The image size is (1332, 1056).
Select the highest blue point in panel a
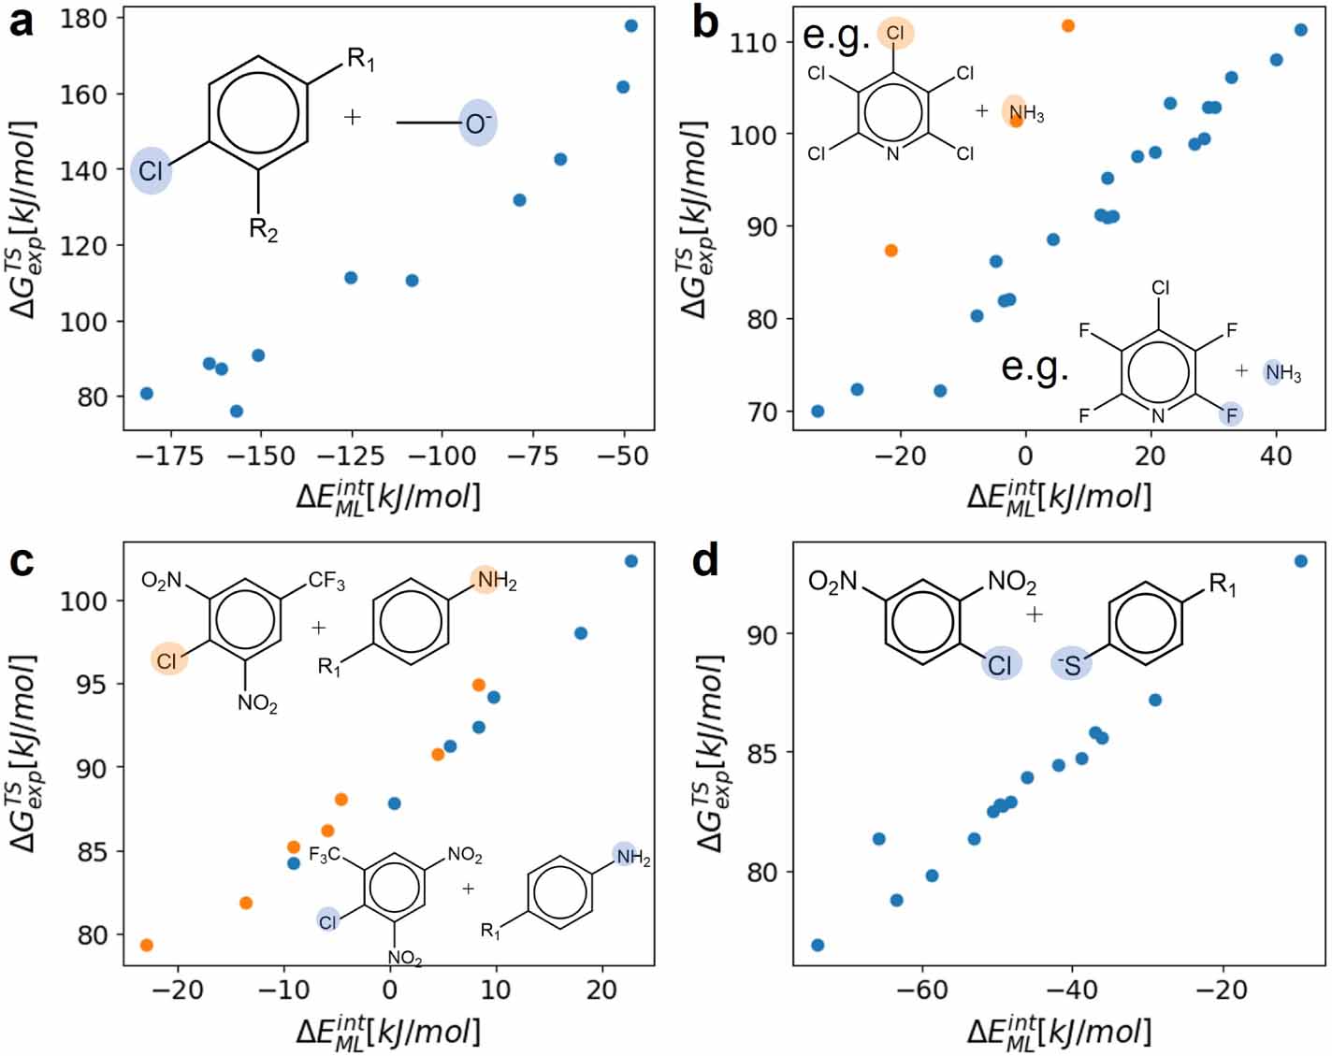pos(631,26)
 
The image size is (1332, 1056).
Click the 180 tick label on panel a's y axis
pos(82,18)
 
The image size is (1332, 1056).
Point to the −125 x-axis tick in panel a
pos(351,456)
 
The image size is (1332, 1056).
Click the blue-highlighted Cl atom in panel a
pos(151,170)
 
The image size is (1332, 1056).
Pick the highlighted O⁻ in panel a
pos(478,123)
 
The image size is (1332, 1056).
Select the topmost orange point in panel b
pos(1068,26)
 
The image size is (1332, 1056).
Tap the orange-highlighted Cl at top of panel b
pos(895,34)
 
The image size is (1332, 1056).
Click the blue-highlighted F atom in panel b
pos(1231,414)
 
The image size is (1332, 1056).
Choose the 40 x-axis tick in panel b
pos(1276,456)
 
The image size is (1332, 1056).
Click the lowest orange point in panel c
pos(146,946)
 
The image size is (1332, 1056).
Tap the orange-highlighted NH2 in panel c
pos(495,581)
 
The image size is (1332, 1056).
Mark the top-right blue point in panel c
pos(631,561)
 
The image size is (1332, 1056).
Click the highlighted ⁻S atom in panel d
pos(1071,664)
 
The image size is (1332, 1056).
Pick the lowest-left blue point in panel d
pos(818,946)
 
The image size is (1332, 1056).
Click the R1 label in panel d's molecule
pos(1223,586)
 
